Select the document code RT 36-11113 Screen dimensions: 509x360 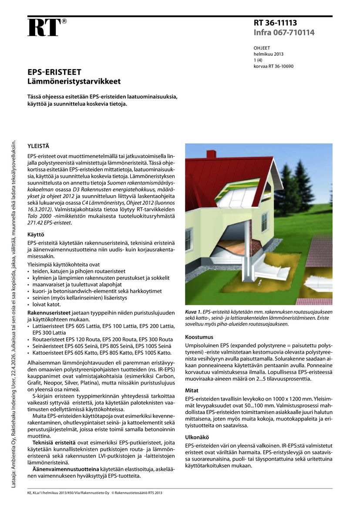click(275, 24)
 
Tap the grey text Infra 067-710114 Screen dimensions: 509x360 click(284, 33)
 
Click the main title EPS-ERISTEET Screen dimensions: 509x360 click(54, 72)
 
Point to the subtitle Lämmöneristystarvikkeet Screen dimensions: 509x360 click(74, 81)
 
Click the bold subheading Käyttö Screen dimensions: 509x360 click(36, 234)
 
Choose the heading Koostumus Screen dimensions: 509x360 click(199, 337)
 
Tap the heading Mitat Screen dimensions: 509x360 click(192, 391)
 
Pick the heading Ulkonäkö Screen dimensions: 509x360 click(197, 436)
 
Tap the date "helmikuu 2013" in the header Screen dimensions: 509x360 click(268, 54)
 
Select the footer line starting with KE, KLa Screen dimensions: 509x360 click(94, 493)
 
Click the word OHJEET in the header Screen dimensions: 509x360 click(262, 48)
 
